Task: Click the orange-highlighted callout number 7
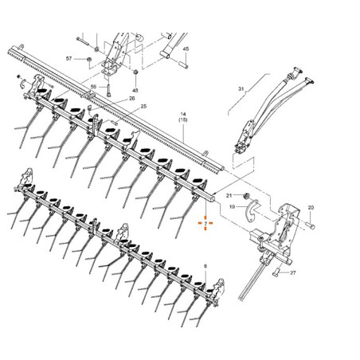point(205,223)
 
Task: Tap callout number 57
point(68,58)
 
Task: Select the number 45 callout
point(186,49)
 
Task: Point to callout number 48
point(135,91)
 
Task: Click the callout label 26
point(131,98)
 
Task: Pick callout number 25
point(143,107)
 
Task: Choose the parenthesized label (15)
point(183,119)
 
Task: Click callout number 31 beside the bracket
point(241,88)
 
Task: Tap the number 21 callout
point(229,196)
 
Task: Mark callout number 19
point(233,206)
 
